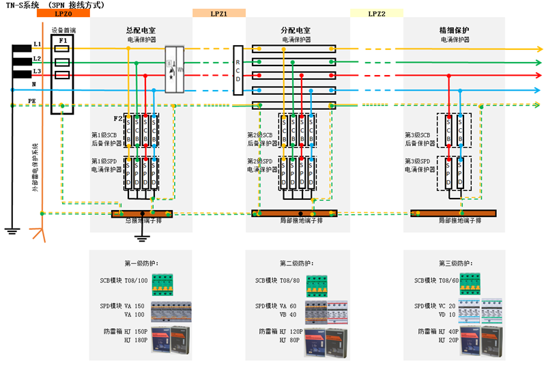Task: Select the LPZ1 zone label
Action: (x=219, y=14)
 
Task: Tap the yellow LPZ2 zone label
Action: (x=377, y=14)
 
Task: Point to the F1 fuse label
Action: (x=63, y=41)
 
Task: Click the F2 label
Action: (x=117, y=119)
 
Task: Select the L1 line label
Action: (x=38, y=45)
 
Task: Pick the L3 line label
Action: (x=38, y=71)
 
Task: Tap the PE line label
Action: (x=31, y=100)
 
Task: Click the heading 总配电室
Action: (x=141, y=31)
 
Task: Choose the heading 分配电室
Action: (x=296, y=31)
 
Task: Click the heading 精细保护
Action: (x=455, y=31)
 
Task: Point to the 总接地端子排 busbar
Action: (x=142, y=214)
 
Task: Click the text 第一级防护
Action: (x=141, y=263)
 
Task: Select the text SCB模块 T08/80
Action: (x=278, y=280)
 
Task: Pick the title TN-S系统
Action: (x=23, y=4)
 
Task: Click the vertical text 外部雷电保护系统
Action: (x=35, y=167)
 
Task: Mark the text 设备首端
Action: (x=63, y=30)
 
